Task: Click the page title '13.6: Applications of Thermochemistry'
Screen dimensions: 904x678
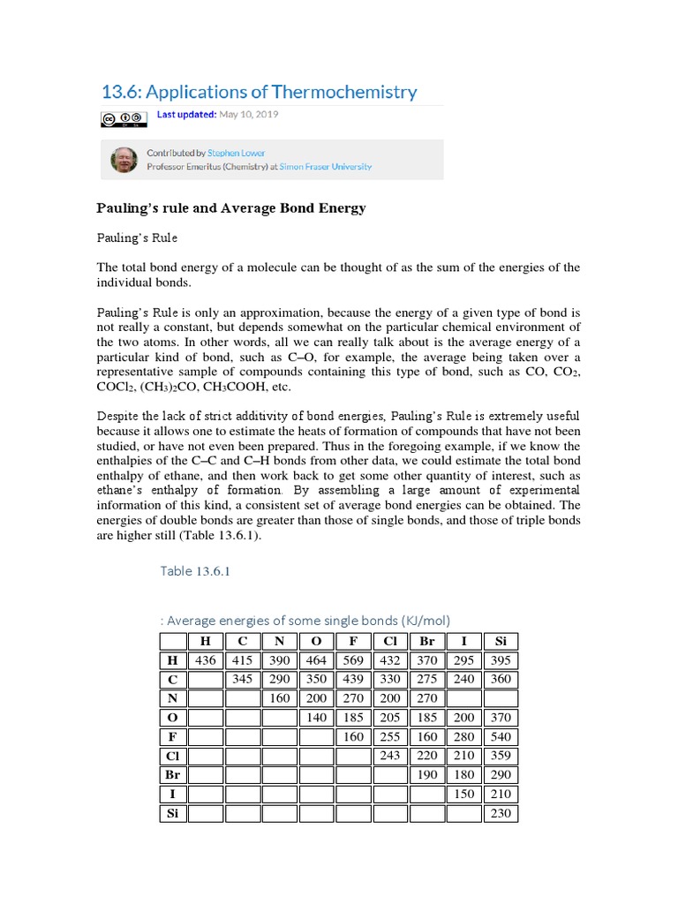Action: pos(259,92)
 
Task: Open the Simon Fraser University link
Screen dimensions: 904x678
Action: pos(325,166)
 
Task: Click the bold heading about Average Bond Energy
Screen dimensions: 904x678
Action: pos(230,208)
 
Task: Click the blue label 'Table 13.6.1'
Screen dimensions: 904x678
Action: pos(195,570)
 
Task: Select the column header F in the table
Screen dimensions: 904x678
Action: pos(353,642)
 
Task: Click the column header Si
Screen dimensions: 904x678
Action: pos(501,642)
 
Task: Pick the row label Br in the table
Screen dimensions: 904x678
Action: pos(172,774)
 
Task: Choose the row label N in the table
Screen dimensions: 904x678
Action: pos(172,698)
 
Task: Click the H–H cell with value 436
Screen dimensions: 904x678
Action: pos(205,660)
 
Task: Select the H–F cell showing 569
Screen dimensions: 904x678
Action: pos(353,660)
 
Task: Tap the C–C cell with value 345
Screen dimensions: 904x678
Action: pos(242,680)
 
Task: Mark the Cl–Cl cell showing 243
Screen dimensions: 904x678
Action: pos(389,755)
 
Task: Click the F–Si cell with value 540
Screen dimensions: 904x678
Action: pos(501,736)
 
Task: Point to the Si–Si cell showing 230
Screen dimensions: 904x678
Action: pos(501,812)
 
